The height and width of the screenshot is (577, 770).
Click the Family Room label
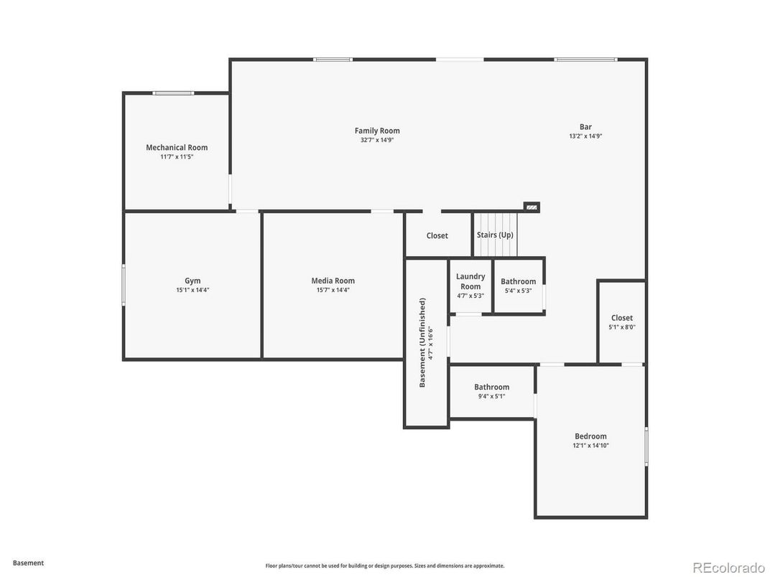(x=377, y=131)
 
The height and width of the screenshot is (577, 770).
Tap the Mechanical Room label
(x=177, y=148)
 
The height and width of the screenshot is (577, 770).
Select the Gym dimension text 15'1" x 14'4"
(x=192, y=291)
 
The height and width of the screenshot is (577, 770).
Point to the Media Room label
(x=333, y=281)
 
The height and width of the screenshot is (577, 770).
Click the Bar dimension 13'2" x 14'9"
(x=585, y=136)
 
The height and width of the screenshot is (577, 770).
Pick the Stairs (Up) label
(x=495, y=235)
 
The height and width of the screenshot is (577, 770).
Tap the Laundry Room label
(x=470, y=281)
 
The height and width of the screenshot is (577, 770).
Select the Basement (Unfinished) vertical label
(x=422, y=342)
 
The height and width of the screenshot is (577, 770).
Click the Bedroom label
(x=590, y=436)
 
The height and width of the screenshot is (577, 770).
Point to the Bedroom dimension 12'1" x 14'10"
(x=590, y=446)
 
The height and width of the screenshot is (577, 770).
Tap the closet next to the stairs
(x=437, y=235)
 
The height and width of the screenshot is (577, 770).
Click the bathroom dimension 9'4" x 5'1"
(x=491, y=396)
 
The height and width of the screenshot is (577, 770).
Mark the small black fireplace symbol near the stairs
(x=532, y=207)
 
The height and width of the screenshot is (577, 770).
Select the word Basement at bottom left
(x=28, y=563)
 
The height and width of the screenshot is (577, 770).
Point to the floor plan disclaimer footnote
(x=385, y=566)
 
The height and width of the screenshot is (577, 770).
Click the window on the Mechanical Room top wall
(x=173, y=93)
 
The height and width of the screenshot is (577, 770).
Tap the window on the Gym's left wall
(x=124, y=285)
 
